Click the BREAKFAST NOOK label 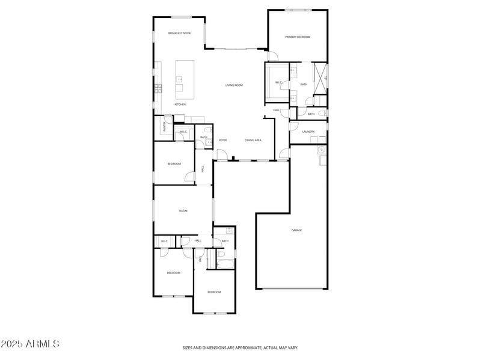click(x=179, y=33)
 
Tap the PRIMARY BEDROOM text click(x=298, y=37)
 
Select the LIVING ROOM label click(x=234, y=85)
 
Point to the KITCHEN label click(x=180, y=105)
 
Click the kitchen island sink click(x=179, y=78)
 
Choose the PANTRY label click(x=164, y=126)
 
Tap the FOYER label click(x=222, y=140)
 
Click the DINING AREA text click(x=253, y=140)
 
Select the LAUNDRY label click(x=308, y=132)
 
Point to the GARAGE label click(x=296, y=230)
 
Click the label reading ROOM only click(x=183, y=211)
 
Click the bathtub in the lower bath click(x=225, y=263)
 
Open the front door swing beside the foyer click(x=222, y=155)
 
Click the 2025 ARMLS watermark click(x=30, y=344)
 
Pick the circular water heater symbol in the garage click(x=322, y=150)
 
